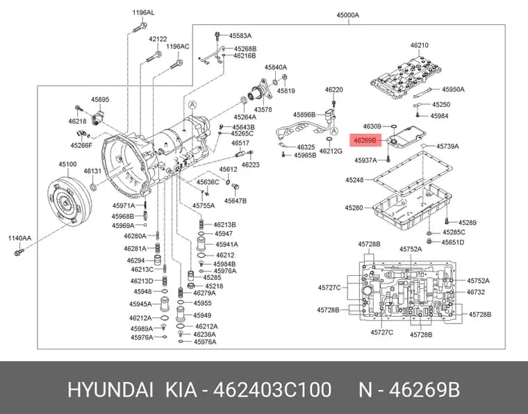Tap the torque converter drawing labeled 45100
click(x=69, y=201)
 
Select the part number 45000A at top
click(x=347, y=15)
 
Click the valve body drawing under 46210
click(x=406, y=77)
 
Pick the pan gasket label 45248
click(x=354, y=180)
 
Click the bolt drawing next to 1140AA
click(x=19, y=251)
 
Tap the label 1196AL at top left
click(x=143, y=13)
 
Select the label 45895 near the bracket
click(x=100, y=99)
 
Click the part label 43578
click(x=263, y=109)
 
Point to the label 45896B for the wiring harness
click(x=304, y=115)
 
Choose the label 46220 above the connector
click(x=333, y=90)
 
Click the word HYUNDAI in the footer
click(x=110, y=390)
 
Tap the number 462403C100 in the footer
click(x=272, y=390)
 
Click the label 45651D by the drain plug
click(x=452, y=242)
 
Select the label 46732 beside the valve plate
click(x=475, y=292)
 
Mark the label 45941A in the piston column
click(x=226, y=245)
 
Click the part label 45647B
click(x=236, y=201)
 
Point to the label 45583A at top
click(x=240, y=35)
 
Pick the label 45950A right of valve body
click(x=453, y=89)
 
